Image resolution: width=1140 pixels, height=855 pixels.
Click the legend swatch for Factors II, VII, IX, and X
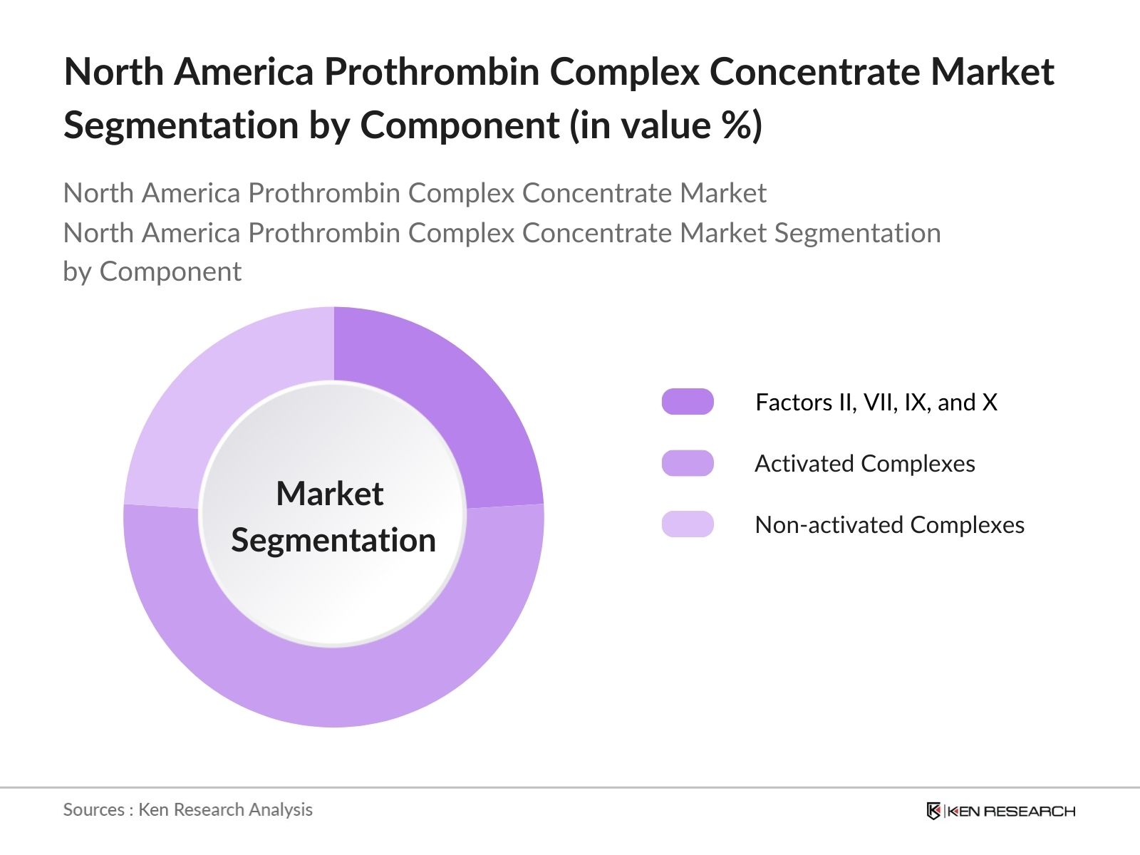pyautogui.click(x=688, y=402)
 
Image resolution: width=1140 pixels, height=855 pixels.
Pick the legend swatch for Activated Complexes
pyautogui.click(x=688, y=463)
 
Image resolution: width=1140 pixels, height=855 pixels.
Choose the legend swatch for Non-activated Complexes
pyautogui.click(x=688, y=524)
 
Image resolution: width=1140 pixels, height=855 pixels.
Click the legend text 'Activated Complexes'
pyautogui.click(x=864, y=463)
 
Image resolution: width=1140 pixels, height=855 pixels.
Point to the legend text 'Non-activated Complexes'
pyautogui.click(x=889, y=524)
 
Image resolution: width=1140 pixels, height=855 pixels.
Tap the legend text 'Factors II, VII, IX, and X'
pyautogui.click(x=876, y=402)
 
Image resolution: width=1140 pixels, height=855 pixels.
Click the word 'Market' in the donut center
pyautogui.click(x=330, y=493)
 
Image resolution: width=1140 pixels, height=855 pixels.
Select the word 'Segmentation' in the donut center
pyautogui.click(x=333, y=540)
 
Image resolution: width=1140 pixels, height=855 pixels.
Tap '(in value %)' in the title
pyautogui.click(x=665, y=125)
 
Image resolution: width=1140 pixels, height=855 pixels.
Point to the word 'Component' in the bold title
pyautogui.click(x=460, y=125)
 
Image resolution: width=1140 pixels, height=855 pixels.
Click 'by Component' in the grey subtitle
pyautogui.click(x=152, y=271)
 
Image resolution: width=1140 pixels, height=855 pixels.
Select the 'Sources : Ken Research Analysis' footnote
pyautogui.click(x=187, y=809)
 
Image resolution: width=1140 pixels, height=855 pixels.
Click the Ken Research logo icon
pyautogui.click(x=933, y=811)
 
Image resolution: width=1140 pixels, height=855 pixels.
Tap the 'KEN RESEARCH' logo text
pyautogui.click(x=1011, y=811)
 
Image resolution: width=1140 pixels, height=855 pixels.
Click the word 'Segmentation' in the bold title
pyautogui.click(x=181, y=125)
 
